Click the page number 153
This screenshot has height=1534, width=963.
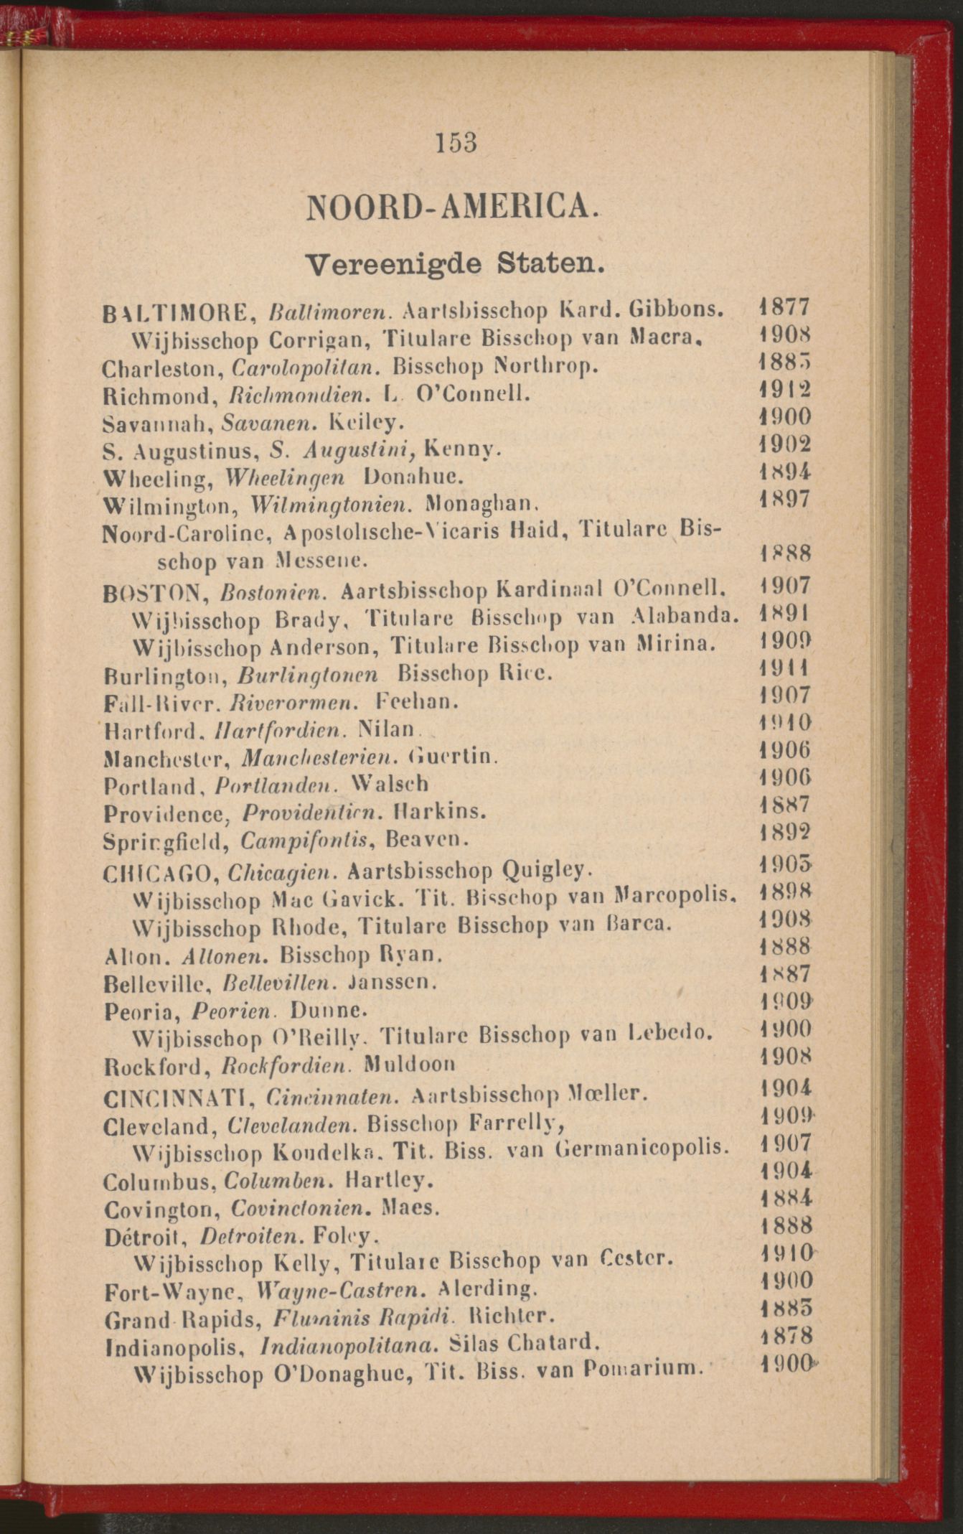pos(456,142)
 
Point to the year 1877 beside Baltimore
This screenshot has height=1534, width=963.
pos(784,307)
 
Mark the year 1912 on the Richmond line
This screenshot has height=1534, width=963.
pos(785,390)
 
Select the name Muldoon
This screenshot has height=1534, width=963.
pos(409,1062)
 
